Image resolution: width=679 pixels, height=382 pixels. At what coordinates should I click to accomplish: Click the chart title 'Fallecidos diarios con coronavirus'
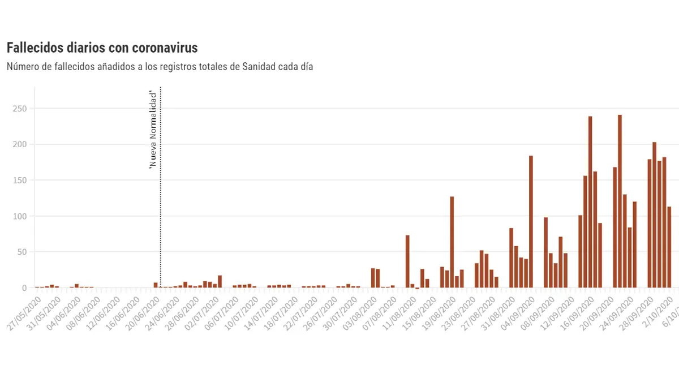point(102,48)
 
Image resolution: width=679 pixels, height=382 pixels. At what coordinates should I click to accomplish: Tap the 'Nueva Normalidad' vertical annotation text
point(153,130)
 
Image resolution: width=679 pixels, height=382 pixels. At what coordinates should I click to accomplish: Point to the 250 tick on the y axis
point(20,108)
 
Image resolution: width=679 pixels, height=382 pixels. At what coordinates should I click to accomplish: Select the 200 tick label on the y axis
point(20,144)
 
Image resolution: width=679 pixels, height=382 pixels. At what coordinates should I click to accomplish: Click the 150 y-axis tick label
point(20,180)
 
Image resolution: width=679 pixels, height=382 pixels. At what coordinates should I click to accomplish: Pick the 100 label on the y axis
point(20,216)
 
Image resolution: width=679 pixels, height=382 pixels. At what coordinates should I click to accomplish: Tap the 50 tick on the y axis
point(22,252)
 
